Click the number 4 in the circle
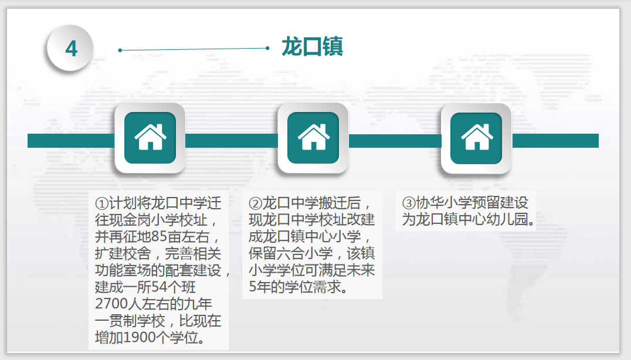click(x=71, y=49)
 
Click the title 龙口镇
click(x=313, y=46)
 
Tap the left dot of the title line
click(x=120, y=50)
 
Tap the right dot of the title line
click(x=267, y=48)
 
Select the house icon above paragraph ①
click(x=150, y=138)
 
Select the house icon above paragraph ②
click(x=314, y=138)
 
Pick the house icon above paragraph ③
click(x=477, y=138)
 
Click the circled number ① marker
click(x=102, y=203)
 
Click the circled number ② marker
click(x=256, y=203)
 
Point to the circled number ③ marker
click(x=409, y=203)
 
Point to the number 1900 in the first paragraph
click(x=141, y=338)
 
